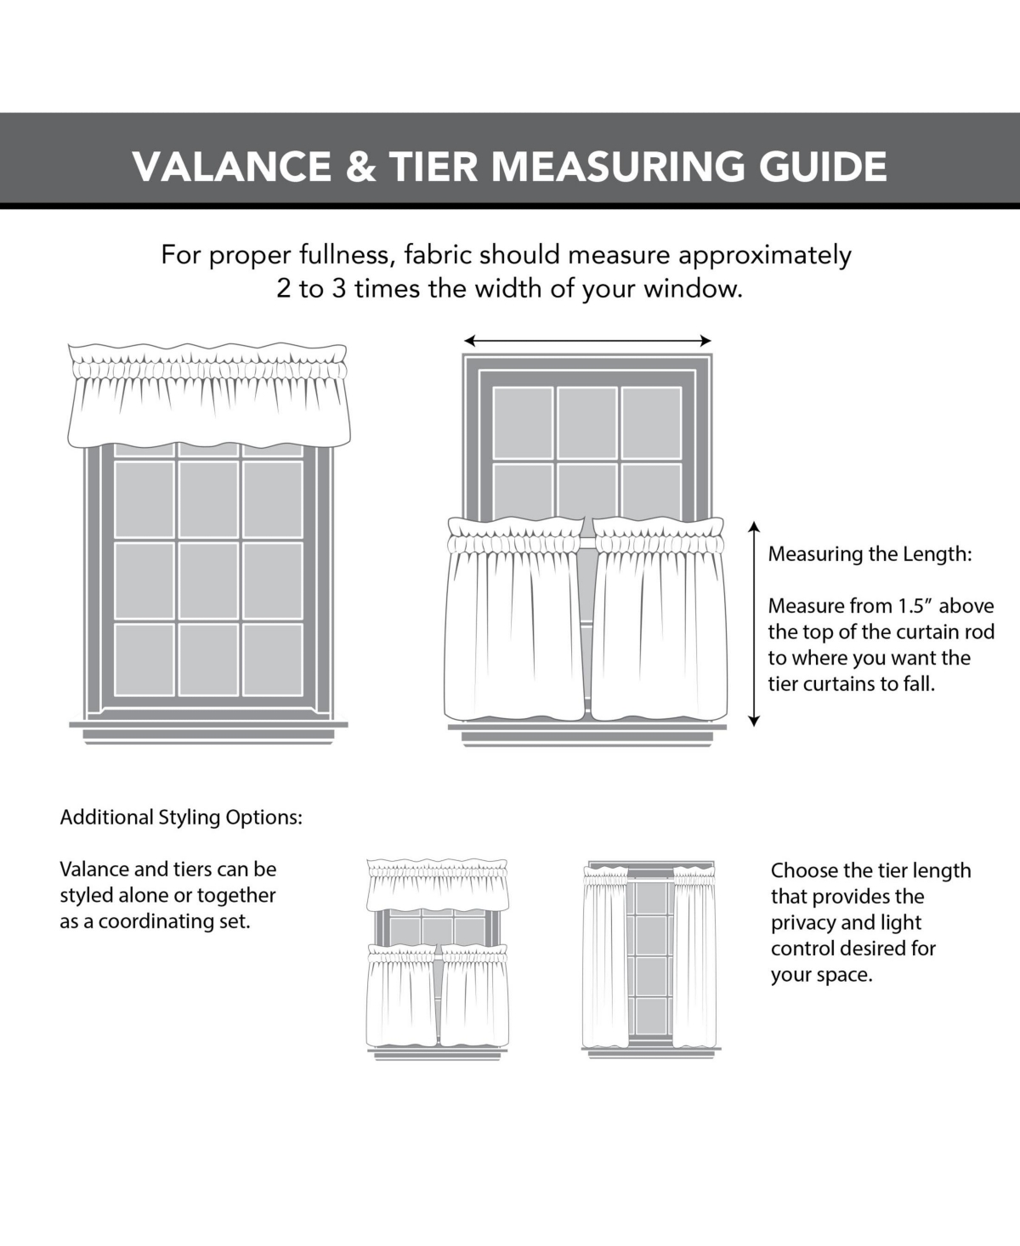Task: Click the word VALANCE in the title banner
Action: [x=232, y=166]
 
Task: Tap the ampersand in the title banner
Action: [x=360, y=166]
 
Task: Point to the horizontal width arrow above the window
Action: [x=587, y=341]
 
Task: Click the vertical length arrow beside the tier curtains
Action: [x=753, y=625]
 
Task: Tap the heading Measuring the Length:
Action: [x=870, y=554]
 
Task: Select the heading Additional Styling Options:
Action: [x=181, y=818]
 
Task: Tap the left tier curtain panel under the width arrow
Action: [x=514, y=620]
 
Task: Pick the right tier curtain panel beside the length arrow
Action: [x=659, y=620]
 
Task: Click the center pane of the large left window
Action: [x=209, y=580]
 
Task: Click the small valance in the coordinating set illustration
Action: [x=437, y=886]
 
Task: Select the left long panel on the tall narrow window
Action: [x=605, y=956]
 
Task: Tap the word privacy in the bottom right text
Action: [x=804, y=923]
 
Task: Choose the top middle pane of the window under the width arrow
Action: [x=587, y=422]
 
